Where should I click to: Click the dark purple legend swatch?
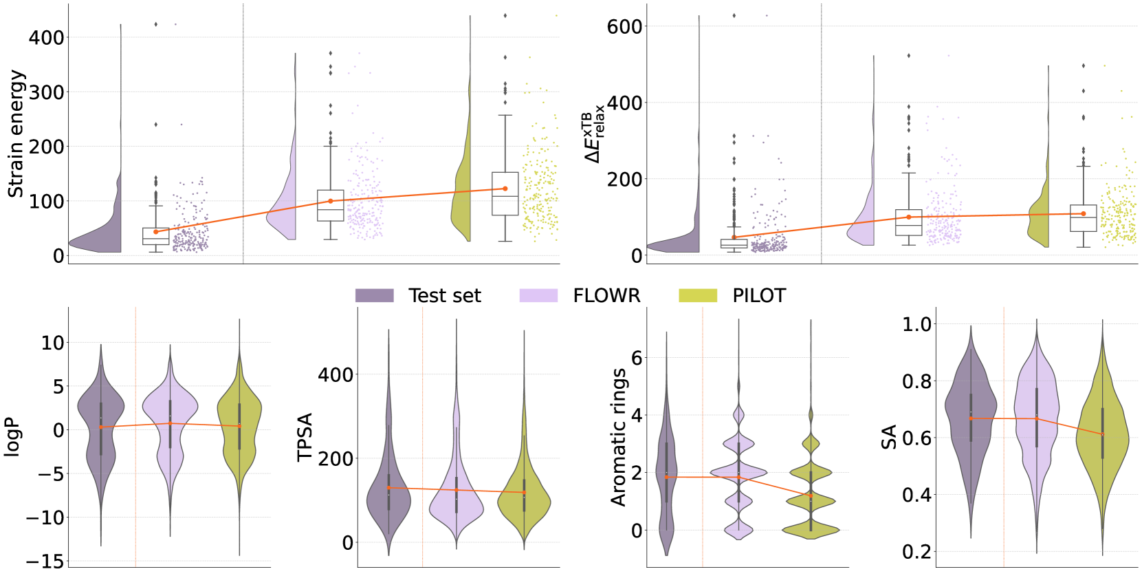(x=374, y=295)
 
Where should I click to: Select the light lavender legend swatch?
(x=538, y=295)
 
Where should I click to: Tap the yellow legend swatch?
(x=698, y=295)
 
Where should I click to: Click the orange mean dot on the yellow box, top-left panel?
(x=505, y=189)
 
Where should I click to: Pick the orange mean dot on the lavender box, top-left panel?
(x=331, y=201)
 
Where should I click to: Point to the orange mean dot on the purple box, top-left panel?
(x=156, y=232)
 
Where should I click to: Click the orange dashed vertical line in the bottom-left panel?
(x=136, y=482)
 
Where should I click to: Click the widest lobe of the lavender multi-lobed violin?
(x=738, y=472)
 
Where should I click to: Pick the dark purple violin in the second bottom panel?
(x=388, y=502)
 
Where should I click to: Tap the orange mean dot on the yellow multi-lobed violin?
(x=811, y=495)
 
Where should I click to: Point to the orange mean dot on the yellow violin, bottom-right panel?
(x=1102, y=434)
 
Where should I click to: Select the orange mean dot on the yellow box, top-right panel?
(x=1084, y=213)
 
